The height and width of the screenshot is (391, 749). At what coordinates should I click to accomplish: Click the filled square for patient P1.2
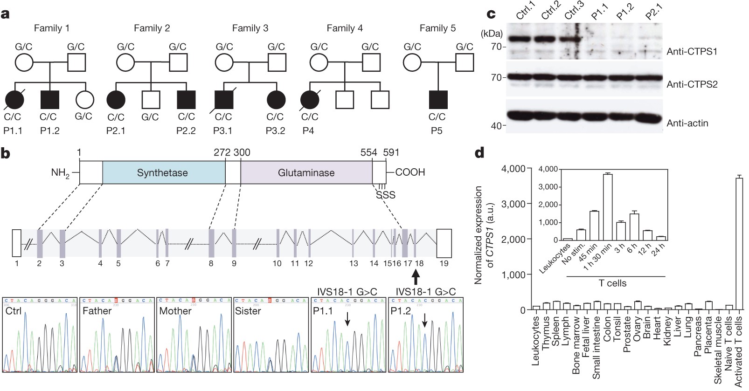(50, 100)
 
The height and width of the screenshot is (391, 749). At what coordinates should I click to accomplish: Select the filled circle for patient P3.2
(276, 100)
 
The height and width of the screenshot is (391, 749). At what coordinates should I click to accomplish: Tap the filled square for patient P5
(438, 100)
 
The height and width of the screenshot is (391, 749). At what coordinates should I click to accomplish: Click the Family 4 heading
(345, 28)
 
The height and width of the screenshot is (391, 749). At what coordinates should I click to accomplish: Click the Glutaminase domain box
(306, 173)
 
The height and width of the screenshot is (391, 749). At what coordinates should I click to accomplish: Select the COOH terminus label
(410, 172)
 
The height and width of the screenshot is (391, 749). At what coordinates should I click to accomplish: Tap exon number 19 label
(444, 264)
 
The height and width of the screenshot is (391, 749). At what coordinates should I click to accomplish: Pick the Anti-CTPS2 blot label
(692, 84)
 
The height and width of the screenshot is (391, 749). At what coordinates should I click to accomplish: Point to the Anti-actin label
(687, 123)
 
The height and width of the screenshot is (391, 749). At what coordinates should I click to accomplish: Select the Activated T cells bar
(739, 242)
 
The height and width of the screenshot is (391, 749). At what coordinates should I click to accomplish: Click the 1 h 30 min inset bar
(607, 206)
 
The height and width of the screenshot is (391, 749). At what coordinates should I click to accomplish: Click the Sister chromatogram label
(248, 311)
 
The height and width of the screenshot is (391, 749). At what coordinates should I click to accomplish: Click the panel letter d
(479, 153)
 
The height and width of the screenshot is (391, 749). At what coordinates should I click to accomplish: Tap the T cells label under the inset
(612, 283)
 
